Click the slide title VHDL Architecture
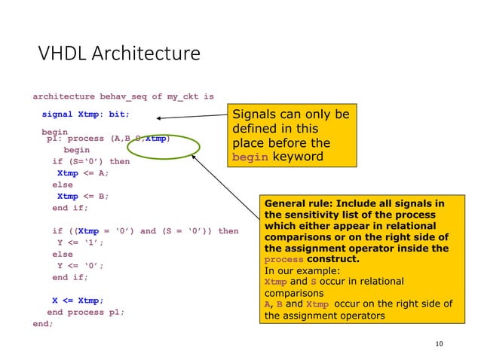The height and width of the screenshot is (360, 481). [119, 54]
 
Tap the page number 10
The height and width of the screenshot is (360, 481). [440, 344]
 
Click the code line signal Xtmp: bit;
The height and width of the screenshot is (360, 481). [85, 114]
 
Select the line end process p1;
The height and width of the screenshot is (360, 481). [85, 312]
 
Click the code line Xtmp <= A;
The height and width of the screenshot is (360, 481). [82, 172]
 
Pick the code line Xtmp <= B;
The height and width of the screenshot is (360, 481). [82, 196]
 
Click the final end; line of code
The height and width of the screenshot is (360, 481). [43, 323]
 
